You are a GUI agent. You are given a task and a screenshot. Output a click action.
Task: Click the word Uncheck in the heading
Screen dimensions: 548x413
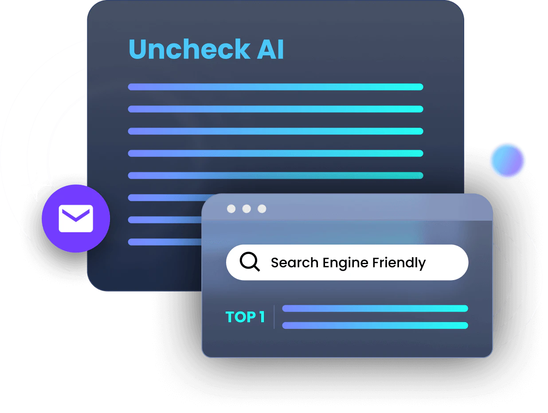point(189,49)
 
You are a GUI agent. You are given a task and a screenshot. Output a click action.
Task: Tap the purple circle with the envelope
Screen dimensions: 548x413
point(76,218)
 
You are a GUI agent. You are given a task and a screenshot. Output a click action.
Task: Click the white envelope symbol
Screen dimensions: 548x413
point(76,218)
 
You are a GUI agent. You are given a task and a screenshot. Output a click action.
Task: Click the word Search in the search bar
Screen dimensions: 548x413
point(294,263)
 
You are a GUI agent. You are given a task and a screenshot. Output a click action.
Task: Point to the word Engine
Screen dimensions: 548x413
point(345,263)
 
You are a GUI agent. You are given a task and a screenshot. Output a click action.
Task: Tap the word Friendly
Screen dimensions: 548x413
point(399,263)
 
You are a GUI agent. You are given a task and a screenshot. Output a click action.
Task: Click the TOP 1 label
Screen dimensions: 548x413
point(245,317)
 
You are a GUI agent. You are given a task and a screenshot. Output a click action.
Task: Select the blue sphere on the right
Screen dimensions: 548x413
point(508,160)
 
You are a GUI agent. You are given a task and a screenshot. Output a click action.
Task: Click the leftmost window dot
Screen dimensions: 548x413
point(231,209)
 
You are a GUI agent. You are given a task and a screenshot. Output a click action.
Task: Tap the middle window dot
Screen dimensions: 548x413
point(247,209)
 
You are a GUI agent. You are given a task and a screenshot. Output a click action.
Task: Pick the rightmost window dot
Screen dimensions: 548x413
point(262,209)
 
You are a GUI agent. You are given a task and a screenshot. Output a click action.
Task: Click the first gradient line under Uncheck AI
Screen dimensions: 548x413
point(275,87)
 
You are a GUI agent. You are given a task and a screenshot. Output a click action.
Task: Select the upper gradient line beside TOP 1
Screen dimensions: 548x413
point(375,308)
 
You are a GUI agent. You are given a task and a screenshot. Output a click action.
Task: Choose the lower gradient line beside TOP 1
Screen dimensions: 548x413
point(375,326)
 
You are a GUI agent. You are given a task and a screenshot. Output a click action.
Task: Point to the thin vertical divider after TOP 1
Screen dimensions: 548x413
point(274,317)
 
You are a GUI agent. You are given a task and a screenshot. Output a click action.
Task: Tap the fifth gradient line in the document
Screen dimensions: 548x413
point(275,175)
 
